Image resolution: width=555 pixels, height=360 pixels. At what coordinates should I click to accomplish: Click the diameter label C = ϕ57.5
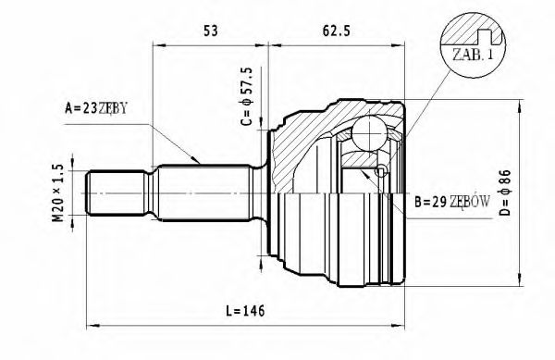point(246,97)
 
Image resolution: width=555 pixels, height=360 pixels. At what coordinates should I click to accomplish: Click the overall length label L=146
point(244,310)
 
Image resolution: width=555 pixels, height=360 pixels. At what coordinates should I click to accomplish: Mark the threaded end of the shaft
point(103,192)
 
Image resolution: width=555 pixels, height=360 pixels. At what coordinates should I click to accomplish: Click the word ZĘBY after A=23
point(110,109)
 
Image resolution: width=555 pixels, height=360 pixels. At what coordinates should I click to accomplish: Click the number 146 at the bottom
point(253,310)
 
